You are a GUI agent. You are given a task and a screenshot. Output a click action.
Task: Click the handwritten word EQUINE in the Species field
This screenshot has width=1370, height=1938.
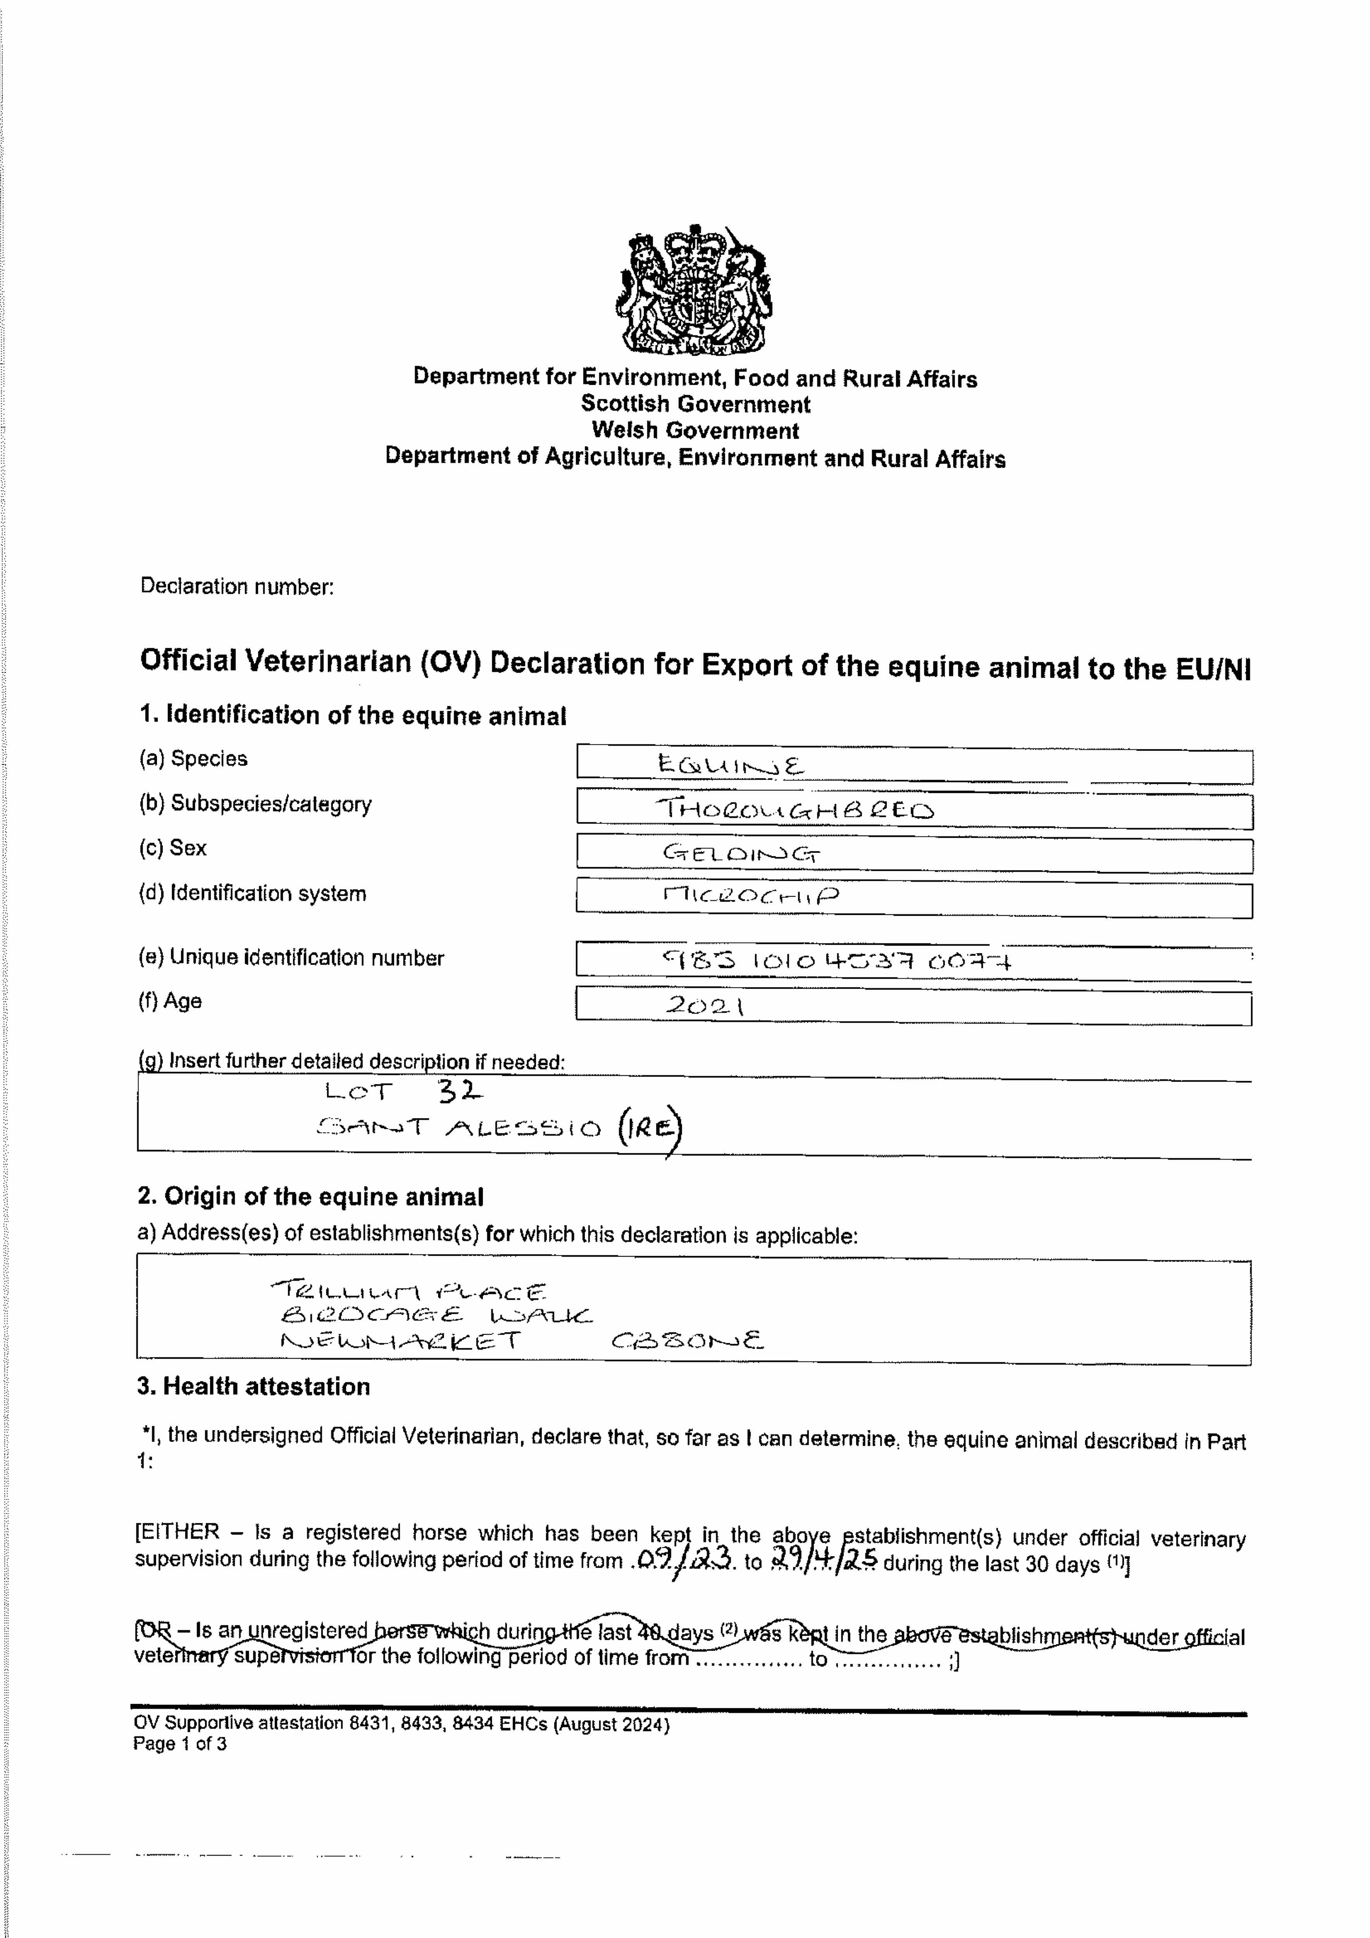tap(731, 766)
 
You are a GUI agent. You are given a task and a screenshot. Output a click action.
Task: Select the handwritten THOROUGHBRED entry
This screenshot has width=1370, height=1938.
tap(796, 810)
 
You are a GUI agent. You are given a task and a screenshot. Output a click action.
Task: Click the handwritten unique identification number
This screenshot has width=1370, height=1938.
tap(838, 960)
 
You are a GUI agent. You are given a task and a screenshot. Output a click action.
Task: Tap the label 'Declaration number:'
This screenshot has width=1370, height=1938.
tap(237, 587)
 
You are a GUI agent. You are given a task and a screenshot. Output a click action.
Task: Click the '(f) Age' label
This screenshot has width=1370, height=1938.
tap(171, 1001)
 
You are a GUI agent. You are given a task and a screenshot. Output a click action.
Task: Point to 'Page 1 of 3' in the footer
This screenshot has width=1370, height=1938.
tap(180, 1744)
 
